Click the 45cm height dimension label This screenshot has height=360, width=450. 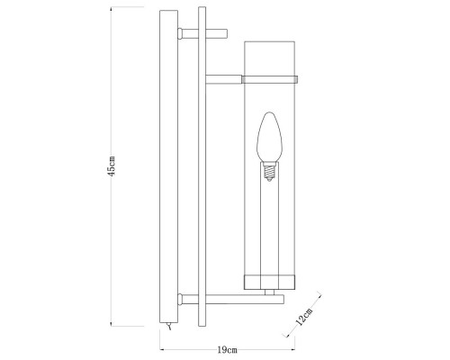[x=111, y=170]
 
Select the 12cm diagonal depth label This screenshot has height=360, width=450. [x=306, y=317]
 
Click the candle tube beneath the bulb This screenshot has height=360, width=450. [x=267, y=225]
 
